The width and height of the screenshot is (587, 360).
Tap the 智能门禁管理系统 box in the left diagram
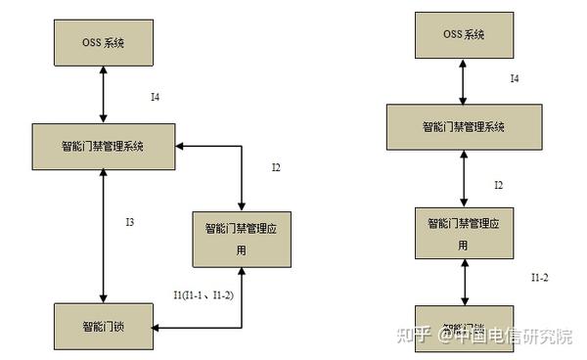(104, 146)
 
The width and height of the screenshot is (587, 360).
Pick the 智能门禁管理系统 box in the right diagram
(464, 127)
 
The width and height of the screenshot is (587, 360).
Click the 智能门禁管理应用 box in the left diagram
(241, 238)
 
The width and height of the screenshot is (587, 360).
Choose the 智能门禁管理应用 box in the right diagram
(463, 232)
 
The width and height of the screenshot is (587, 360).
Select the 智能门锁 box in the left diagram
(102, 325)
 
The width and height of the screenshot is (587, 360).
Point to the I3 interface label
(129, 224)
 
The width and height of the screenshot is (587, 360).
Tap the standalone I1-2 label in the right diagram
(539, 278)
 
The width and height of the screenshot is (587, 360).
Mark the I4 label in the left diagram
(156, 97)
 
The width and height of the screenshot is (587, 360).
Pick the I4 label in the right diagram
(514, 78)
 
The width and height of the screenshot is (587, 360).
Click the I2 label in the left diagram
(276, 167)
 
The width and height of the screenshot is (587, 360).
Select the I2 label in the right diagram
(498, 184)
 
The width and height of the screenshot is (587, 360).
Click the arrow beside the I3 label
(103, 236)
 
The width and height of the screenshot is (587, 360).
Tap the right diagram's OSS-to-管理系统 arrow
(463, 83)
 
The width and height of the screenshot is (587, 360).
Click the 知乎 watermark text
(409, 337)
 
